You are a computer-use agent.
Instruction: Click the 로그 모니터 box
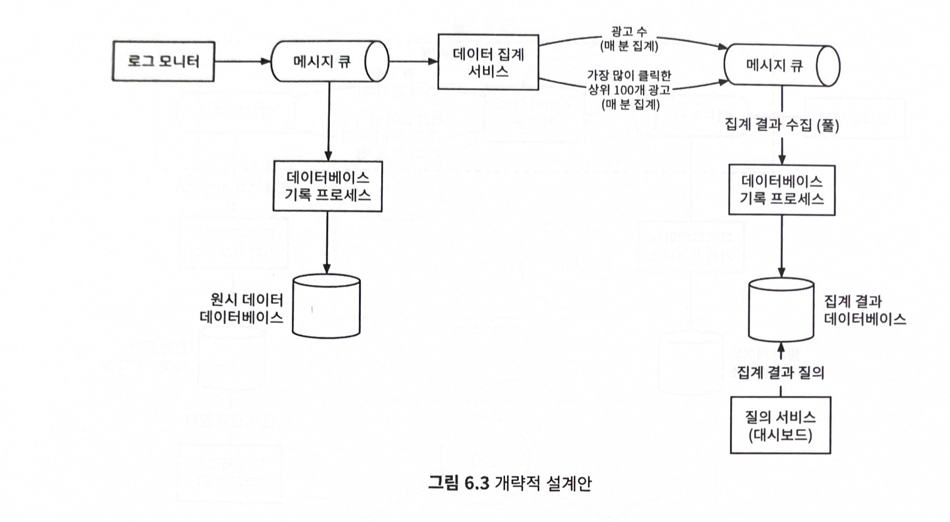(x=163, y=61)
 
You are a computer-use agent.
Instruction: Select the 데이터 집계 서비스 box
(x=488, y=62)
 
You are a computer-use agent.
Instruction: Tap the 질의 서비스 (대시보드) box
(x=780, y=425)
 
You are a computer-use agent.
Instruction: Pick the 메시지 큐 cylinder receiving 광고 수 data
(x=780, y=65)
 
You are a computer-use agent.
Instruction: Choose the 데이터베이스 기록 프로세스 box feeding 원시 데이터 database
(x=327, y=186)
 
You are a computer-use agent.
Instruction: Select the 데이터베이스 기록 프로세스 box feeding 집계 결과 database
(x=782, y=189)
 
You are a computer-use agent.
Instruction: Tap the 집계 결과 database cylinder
(x=781, y=310)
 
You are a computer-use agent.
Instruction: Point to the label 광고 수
(x=629, y=32)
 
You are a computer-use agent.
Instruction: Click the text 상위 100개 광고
(x=629, y=90)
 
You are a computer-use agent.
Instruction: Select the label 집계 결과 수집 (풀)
(x=782, y=125)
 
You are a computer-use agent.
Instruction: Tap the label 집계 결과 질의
(x=780, y=373)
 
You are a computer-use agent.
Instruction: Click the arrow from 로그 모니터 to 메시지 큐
(x=242, y=61)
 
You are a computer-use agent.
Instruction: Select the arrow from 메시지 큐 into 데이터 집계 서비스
(x=413, y=61)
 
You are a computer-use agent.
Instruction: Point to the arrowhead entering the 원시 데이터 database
(x=327, y=269)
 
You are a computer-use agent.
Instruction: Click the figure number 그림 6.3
(x=459, y=483)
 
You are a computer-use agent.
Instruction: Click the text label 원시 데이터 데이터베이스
(x=242, y=308)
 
